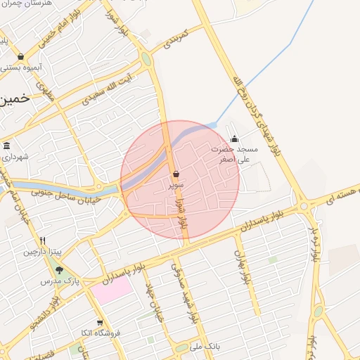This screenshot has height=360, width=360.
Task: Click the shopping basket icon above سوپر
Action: (176, 174)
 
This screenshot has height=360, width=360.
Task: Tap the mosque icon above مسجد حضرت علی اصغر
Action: (234, 139)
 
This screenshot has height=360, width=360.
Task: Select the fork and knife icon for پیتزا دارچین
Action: (43, 240)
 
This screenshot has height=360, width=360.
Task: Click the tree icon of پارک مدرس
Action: (59, 269)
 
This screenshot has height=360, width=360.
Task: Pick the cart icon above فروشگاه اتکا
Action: (101, 323)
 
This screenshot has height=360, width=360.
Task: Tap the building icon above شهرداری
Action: (7, 146)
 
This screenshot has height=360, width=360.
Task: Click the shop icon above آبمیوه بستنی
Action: (20, 56)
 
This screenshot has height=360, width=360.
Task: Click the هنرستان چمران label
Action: (26, 6)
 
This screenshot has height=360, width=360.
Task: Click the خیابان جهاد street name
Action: (153, 301)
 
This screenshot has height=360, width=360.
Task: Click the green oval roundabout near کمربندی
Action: (146, 59)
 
